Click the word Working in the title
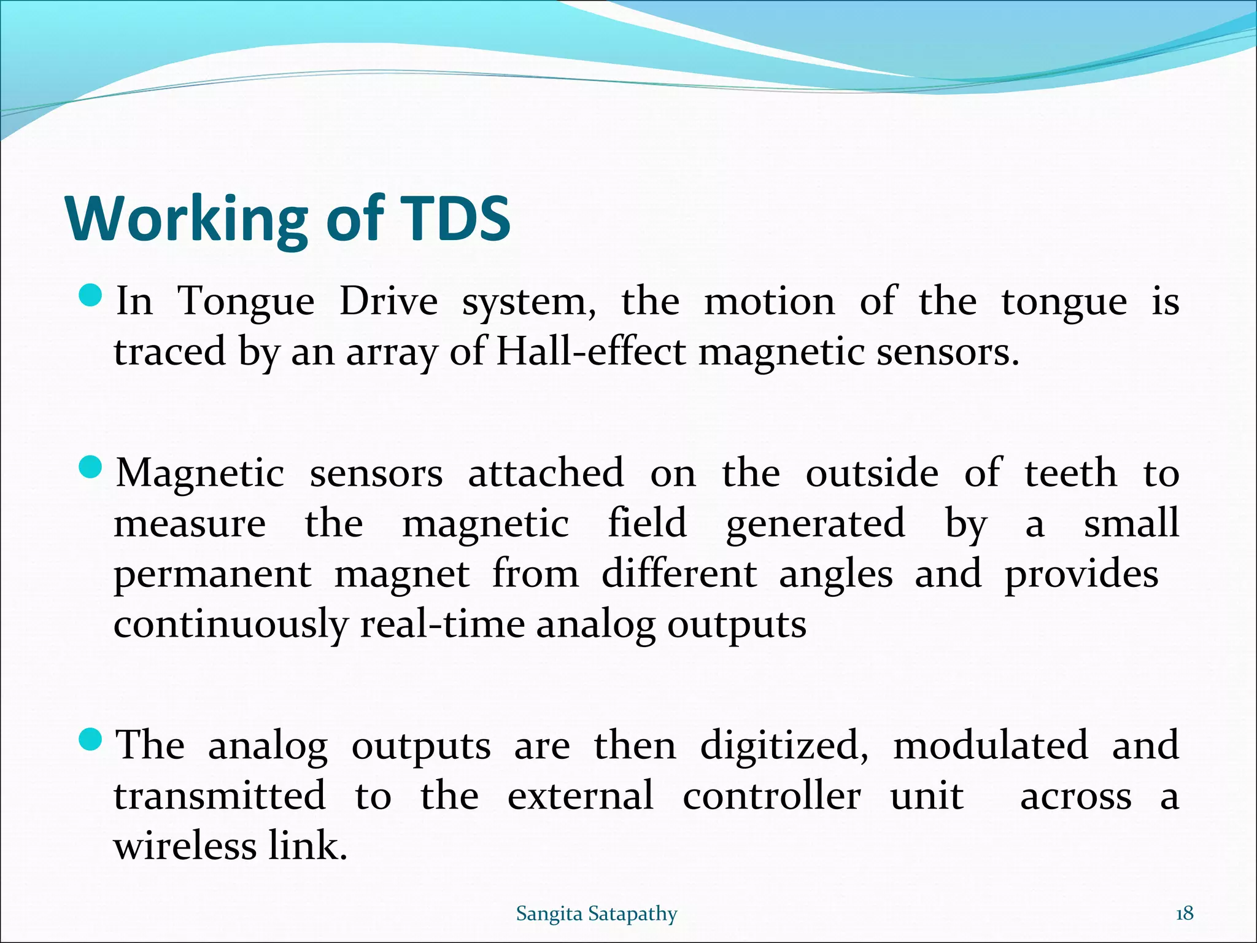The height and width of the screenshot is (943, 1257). [187, 220]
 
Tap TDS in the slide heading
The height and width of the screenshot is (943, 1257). [455, 219]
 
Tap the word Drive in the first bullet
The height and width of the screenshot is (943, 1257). [388, 302]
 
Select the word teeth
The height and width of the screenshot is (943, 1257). [1070, 474]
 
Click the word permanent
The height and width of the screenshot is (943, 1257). [212, 576]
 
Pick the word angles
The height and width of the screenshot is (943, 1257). [835, 576]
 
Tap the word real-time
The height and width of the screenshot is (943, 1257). [442, 625]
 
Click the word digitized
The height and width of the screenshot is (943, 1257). [784, 746]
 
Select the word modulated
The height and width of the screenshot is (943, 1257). [990, 746]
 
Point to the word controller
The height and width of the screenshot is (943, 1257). [772, 797]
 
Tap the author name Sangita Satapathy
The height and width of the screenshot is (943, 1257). [596, 914]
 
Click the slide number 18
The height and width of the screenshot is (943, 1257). [1184, 914]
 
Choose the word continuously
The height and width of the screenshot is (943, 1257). [230, 626]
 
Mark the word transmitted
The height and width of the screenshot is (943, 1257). [219, 797]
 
